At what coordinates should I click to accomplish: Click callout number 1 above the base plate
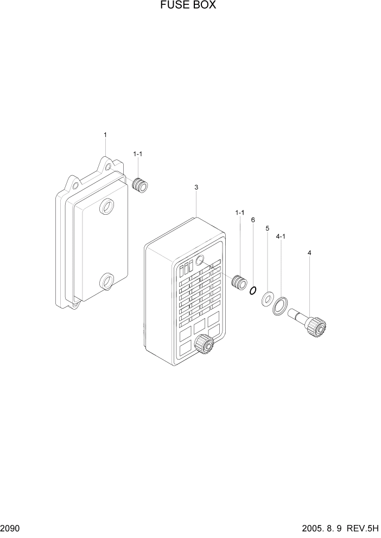(105, 134)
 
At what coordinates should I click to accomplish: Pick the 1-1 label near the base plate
(138, 155)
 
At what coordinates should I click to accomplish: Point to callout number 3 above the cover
(196, 187)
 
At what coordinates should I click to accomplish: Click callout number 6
(253, 220)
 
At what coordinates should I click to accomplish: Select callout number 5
(267, 228)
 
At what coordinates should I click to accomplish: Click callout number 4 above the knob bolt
(309, 253)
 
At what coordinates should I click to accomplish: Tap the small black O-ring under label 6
(252, 291)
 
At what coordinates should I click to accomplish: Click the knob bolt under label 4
(310, 322)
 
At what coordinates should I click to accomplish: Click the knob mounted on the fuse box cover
(204, 343)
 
